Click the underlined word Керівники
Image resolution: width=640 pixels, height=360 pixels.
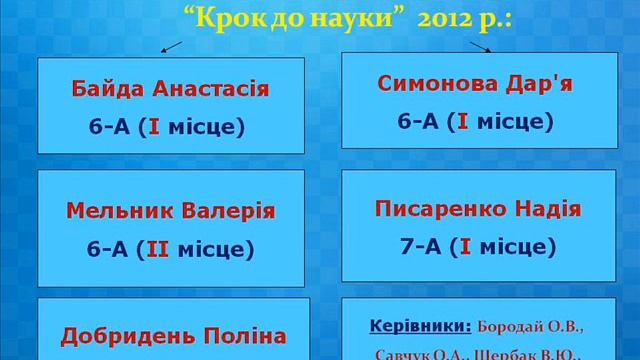(419, 327)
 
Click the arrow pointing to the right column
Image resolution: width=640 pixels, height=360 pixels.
(481, 45)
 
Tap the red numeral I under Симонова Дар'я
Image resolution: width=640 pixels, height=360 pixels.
(463, 121)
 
